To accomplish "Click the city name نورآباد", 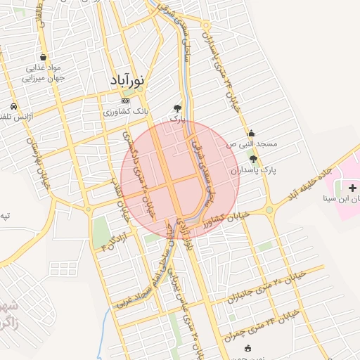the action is click(127, 81).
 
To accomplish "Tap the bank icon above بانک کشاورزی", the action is click(126, 101).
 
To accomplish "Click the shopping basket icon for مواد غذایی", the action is click(44, 58).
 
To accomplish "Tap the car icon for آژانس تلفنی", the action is click(13, 105).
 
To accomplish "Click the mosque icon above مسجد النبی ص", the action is click(252, 133).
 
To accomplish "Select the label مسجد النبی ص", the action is click(252, 143).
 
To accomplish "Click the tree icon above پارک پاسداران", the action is click(253, 159).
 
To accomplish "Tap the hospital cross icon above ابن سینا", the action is click(352, 188).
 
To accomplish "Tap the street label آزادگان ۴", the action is click(117, 241).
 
